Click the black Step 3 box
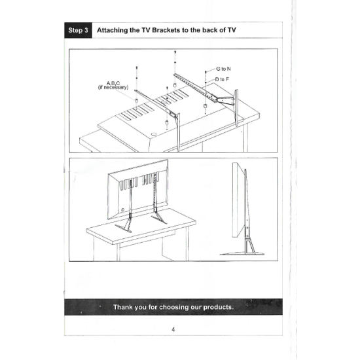(78, 30)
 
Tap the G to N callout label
(223, 69)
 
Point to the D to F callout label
(222, 79)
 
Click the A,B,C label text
(113, 83)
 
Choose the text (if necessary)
(113, 87)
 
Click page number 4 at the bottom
(173, 329)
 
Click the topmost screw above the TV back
(175, 52)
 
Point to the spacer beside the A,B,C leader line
(136, 101)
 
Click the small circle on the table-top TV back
(154, 134)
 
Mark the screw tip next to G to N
(206, 72)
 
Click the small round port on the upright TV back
(122, 209)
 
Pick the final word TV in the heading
(232, 30)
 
